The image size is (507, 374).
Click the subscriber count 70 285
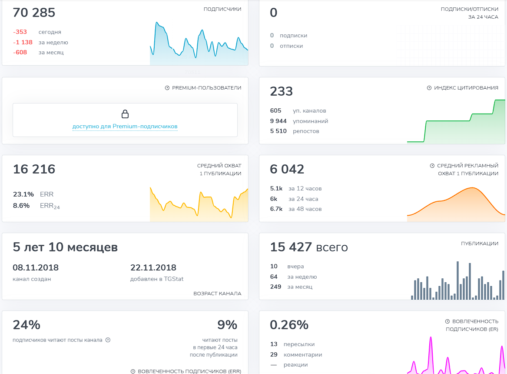click(x=34, y=13)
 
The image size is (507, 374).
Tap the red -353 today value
click(x=20, y=32)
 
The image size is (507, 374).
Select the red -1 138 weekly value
click(x=23, y=42)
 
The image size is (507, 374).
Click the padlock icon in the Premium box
click(x=125, y=114)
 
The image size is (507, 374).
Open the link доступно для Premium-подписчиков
click(x=125, y=126)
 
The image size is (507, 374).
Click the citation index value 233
click(x=282, y=91)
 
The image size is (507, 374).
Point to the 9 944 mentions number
click(x=278, y=121)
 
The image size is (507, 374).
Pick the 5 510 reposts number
click(x=278, y=131)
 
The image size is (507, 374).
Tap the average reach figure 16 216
click(x=34, y=169)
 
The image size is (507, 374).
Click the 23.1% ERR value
click(x=23, y=194)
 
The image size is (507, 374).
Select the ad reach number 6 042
click(x=287, y=169)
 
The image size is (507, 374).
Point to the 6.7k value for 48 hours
click(x=276, y=209)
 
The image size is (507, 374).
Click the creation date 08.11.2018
click(x=36, y=267)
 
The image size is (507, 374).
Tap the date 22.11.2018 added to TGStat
click(x=153, y=267)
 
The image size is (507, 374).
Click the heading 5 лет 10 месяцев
click(x=65, y=247)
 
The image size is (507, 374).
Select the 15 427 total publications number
click(x=291, y=247)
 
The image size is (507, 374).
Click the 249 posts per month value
click(x=275, y=287)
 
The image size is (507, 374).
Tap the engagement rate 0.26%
click(x=289, y=325)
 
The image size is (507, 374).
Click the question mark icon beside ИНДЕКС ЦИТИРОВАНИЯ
click(x=429, y=88)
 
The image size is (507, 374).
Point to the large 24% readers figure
click(x=27, y=325)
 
